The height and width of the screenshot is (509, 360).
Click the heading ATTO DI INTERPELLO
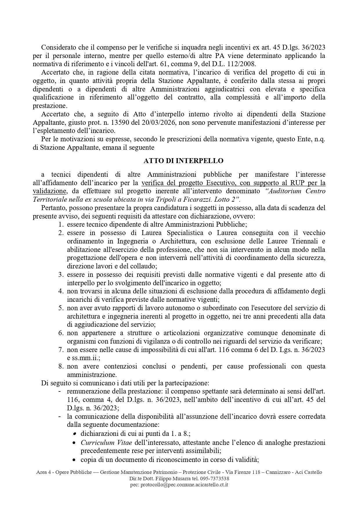point(183,161)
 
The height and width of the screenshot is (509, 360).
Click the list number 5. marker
point(61,308)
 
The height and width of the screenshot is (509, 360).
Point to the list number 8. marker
point(61,366)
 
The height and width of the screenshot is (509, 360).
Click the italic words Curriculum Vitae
point(106,443)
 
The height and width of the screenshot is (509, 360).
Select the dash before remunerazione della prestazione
point(60,391)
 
